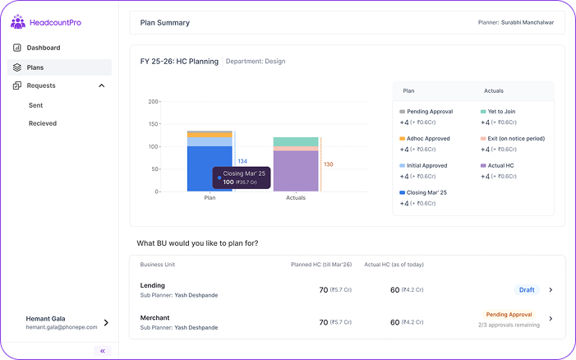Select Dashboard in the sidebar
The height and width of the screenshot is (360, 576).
pyautogui.click(x=43, y=48)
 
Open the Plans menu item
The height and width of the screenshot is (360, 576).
pyautogui.click(x=35, y=67)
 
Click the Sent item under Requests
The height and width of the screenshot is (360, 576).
pyautogui.click(x=35, y=105)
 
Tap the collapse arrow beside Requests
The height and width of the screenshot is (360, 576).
pyautogui.click(x=102, y=85)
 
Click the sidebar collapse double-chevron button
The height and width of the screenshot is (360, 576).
pyautogui.click(x=103, y=350)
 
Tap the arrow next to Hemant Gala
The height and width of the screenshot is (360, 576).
pyautogui.click(x=105, y=323)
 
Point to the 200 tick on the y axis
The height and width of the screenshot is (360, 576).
pyautogui.click(x=153, y=102)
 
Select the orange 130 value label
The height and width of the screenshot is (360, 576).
pyautogui.click(x=328, y=164)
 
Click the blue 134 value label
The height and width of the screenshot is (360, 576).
pyautogui.click(x=242, y=161)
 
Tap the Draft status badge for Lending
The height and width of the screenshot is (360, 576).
pyautogui.click(x=526, y=289)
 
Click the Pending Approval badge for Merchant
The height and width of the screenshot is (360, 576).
pyautogui.click(x=509, y=314)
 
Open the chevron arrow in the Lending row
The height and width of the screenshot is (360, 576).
pyautogui.click(x=551, y=289)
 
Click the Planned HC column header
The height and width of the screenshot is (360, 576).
pyautogui.click(x=320, y=265)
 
